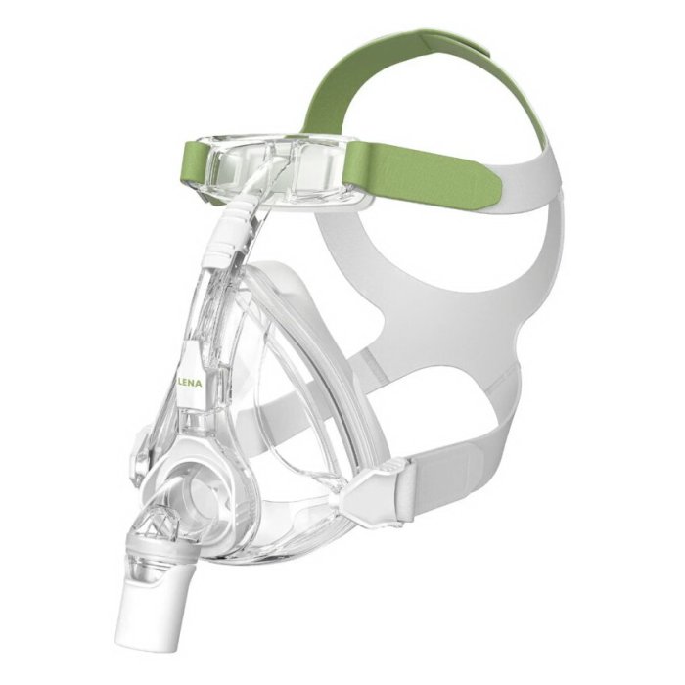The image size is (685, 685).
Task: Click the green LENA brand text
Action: pos(191,384)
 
